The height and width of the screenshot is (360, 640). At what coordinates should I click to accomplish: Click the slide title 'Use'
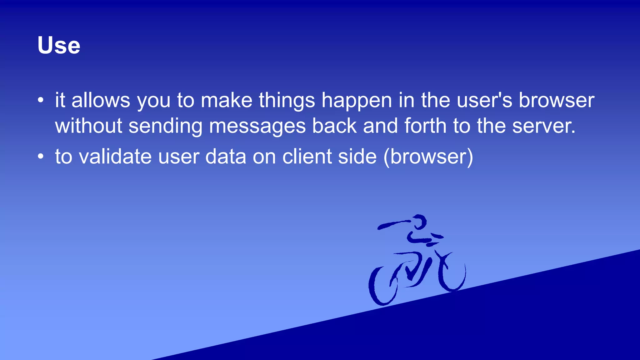tap(59, 46)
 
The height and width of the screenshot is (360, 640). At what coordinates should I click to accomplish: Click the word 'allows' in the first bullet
tap(101, 101)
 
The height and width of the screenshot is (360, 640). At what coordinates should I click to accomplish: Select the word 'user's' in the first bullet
tap(484, 101)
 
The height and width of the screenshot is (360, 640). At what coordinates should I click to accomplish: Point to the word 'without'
tap(88, 126)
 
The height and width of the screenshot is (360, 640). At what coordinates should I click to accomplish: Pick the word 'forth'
tap(425, 126)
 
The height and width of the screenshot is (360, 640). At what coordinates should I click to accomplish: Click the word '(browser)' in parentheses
tap(428, 157)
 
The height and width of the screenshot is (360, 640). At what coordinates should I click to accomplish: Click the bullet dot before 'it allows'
tap(41, 100)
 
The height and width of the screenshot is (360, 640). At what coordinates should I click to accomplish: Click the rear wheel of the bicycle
tap(382, 286)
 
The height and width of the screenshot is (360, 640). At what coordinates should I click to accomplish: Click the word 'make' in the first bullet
tap(226, 101)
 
